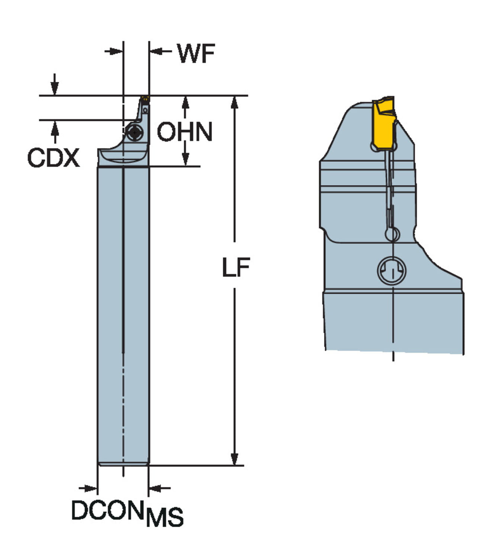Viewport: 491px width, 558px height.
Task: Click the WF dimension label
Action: [x=196, y=54]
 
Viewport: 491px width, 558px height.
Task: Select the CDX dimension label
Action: [x=53, y=158]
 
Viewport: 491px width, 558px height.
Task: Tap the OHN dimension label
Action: [x=184, y=132]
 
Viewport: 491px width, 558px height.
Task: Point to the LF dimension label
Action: [x=236, y=267]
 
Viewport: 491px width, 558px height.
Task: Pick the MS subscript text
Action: [x=165, y=517]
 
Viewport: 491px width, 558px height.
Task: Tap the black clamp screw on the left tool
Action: [x=134, y=132]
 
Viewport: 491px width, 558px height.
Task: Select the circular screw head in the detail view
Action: [x=392, y=270]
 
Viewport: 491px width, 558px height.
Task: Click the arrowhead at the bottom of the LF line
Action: [x=234, y=459]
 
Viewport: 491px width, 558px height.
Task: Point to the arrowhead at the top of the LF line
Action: [x=234, y=102]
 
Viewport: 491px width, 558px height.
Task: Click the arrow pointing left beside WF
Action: [x=156, y=51]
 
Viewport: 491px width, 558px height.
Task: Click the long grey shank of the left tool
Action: [x=123, y=316]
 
